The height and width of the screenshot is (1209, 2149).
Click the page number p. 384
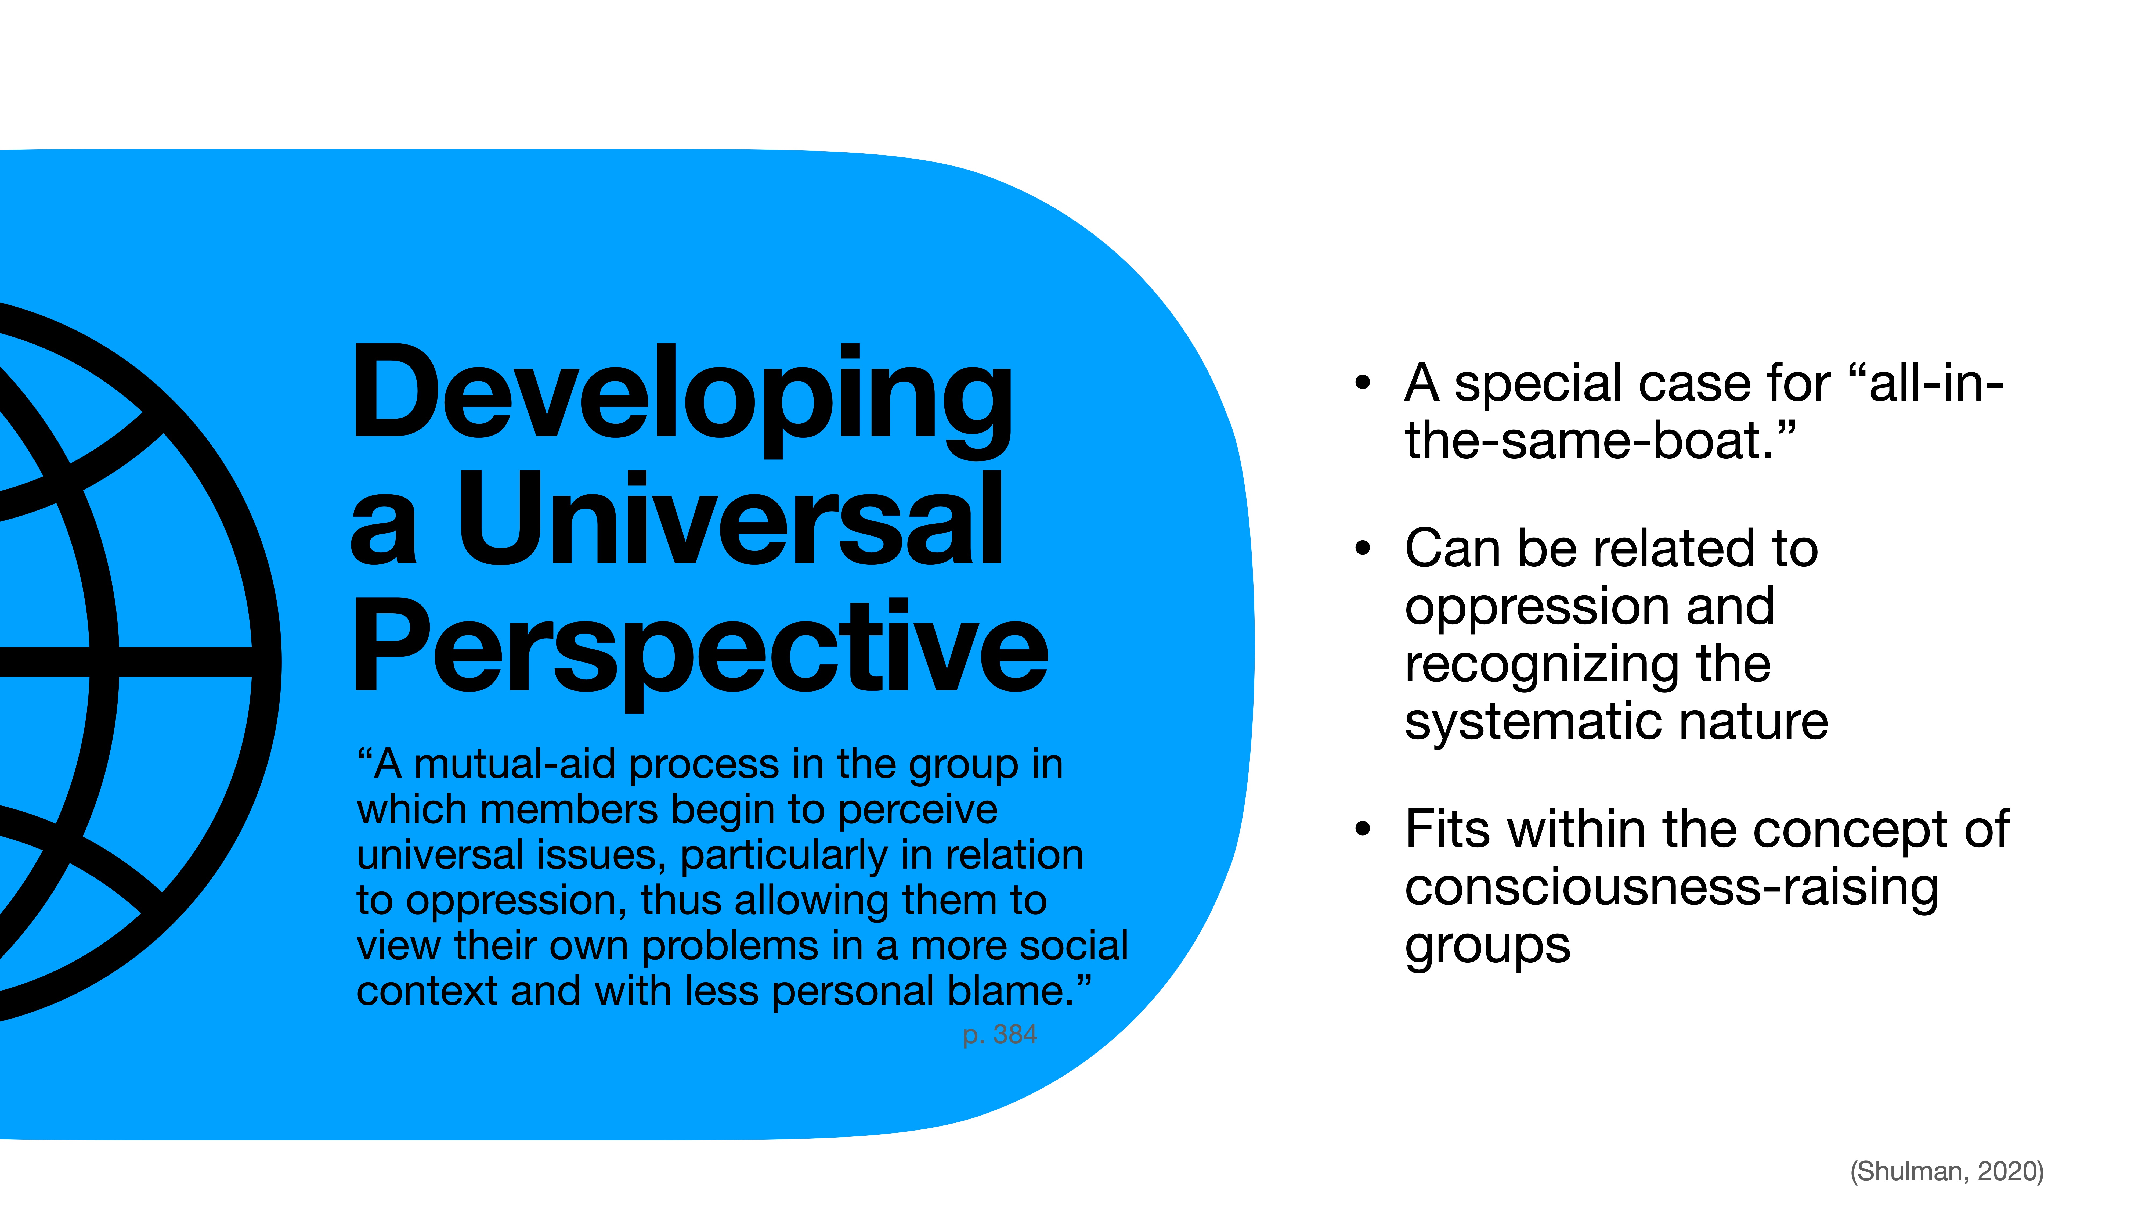click(999, 1035)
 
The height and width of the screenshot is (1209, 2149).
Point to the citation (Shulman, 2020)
click(1946, 1171)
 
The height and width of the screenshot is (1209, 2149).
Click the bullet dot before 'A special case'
click(1363, 383)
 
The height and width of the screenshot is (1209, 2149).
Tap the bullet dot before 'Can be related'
click(1363, 548)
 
